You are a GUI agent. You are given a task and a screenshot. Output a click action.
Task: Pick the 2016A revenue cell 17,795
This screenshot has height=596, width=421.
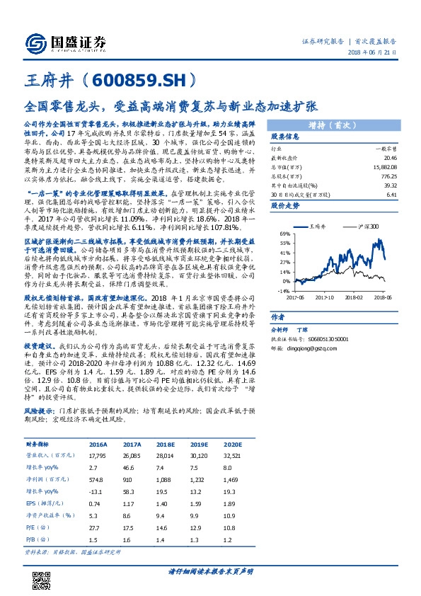pos(98,456)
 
